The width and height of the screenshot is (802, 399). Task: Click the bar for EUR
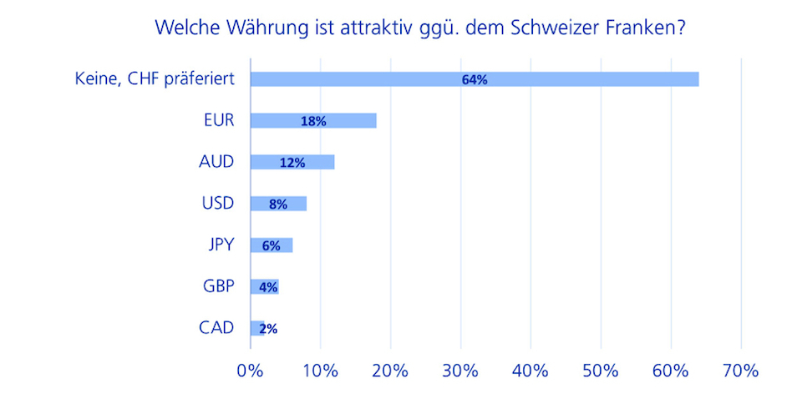click(x=351, y=121)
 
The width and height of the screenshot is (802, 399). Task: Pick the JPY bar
click(x=284, y=245)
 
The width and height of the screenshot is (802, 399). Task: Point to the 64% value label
click(x=474, y=79)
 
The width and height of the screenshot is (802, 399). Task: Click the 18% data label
click(x=313, y=121)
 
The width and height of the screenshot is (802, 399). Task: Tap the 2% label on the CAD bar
click(x=268, y=329)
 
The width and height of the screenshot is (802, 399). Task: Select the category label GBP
click(x=218, y=285)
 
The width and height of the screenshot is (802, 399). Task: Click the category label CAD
click(x=217, y=327)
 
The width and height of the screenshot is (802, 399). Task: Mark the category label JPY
click(x=221, y=245)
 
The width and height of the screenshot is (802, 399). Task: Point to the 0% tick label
click(x=250, y=370)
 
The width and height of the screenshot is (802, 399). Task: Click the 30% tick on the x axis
click(x=460, y=370)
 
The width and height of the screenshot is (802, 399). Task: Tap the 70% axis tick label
click(x=741, y=370)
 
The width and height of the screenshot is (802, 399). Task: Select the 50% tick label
click(x=601, y=370)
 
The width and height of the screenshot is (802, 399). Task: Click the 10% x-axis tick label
click(x=320, y=370)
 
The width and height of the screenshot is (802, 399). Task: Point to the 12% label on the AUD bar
click(x=292, y=163)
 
